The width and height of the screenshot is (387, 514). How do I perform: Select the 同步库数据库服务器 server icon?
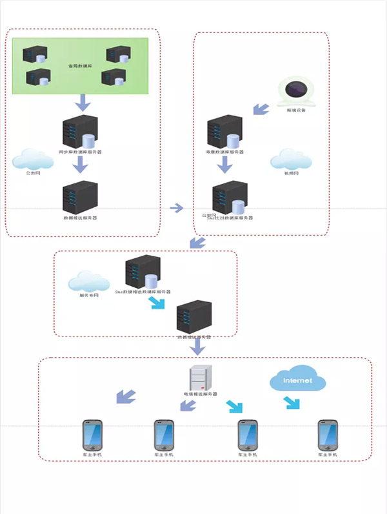click(79, 132)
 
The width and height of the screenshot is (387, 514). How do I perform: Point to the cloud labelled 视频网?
click(291, 159)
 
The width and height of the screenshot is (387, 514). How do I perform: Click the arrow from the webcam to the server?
click(261, 108)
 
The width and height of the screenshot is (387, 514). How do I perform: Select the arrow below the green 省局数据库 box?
click(83, 102)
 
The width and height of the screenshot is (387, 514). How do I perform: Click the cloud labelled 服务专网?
click(90, 282)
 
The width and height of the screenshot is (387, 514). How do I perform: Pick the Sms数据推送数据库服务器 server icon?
click(143, 271)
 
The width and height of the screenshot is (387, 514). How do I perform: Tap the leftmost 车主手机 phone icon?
click(92, 435)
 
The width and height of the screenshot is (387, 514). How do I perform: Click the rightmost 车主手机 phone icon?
click(328, 435)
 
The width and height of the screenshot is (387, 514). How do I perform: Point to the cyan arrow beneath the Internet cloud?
click(292, 403)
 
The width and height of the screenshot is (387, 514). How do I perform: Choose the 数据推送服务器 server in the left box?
click(79, 197)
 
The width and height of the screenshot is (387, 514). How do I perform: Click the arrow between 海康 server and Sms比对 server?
click(224, 165)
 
